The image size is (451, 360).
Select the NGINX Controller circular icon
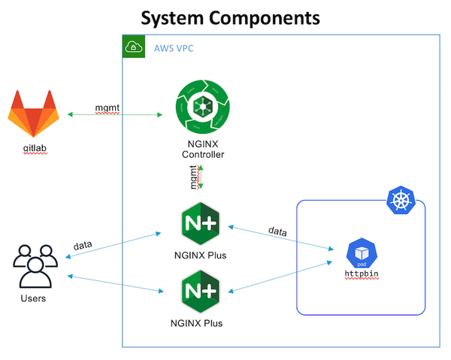coord(202,112)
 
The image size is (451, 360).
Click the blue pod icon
coord(362,253)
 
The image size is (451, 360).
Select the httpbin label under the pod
coord(362,274)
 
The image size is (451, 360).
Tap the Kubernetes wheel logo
coord(398,200)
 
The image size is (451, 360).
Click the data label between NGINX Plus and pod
coord(280,231)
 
